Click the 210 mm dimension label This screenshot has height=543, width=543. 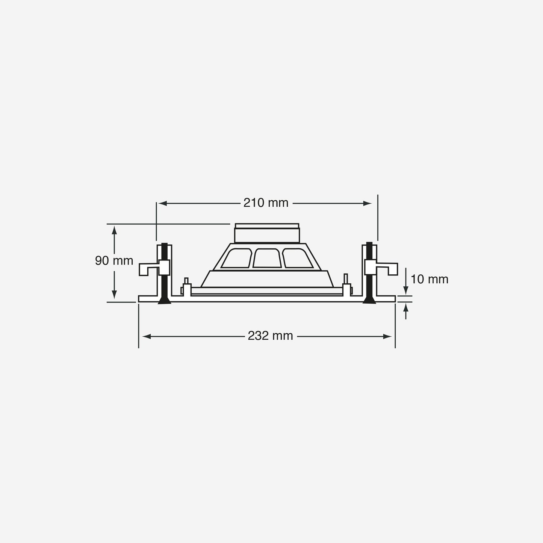tap(266, 203)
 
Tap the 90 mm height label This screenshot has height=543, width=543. tap(114, 261)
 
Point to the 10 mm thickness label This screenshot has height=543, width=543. tap(430, 280)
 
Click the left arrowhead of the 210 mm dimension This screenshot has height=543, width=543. tap(163, 203)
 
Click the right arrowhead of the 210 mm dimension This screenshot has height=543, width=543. tap(368, 203)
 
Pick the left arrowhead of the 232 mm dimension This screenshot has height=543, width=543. tap(147, 336)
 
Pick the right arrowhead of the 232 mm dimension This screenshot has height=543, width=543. tap(387, 336)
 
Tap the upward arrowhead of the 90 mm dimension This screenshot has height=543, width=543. tap(114, 230)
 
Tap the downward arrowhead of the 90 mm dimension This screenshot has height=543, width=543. tap(114, 295)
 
